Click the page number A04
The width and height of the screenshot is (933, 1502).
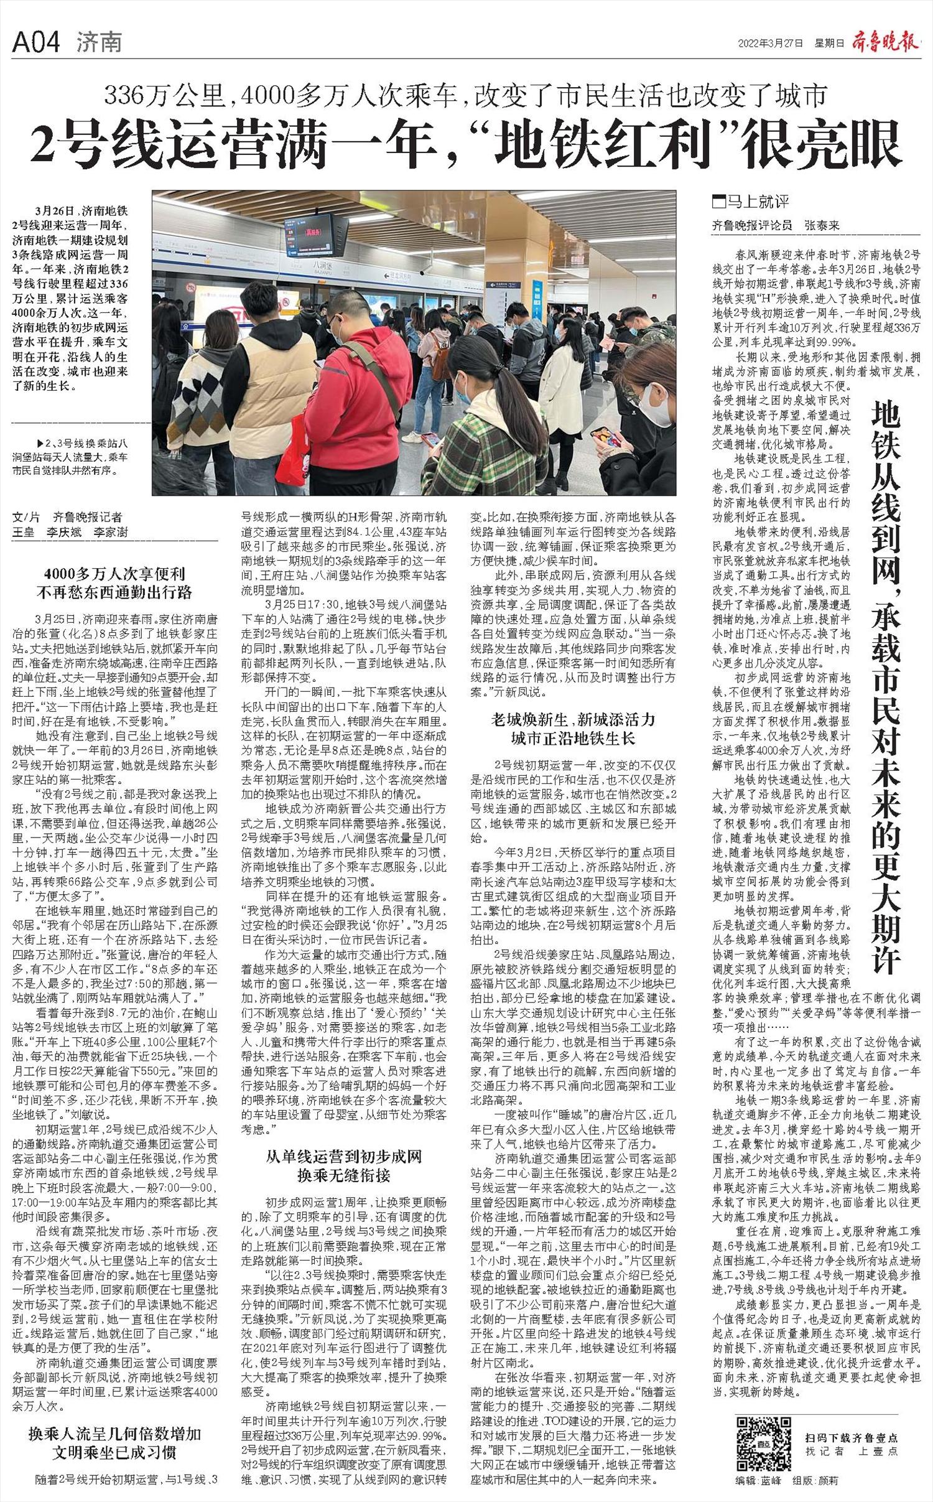(36, 42)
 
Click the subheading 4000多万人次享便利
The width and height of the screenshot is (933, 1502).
(114, 574)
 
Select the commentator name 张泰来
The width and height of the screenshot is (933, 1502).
(821, 225)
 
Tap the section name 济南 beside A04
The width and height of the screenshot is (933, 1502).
(100, 42)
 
